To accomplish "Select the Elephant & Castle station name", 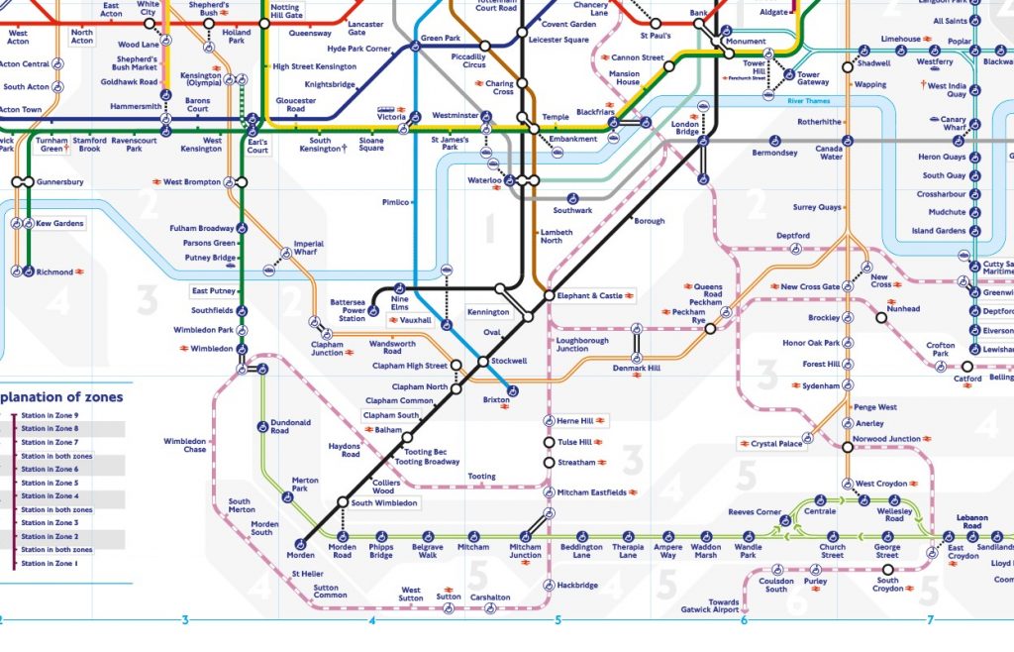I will pyautogui.click(x=590, y=295).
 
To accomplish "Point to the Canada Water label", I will pyautogui.click(x=829, y=152).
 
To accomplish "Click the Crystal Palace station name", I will pyautogui.click(x=777, y=444).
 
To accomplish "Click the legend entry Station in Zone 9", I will pyautogui.click(x=49, y=414).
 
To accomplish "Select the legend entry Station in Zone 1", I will pyautogui.click(x=49, y=563).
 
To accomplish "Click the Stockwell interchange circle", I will pyautogui.click(x=483, y=362).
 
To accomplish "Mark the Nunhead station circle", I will pyautogui.click(x=880, y=318).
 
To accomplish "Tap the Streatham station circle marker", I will pyautogui.click(x=549, y=462).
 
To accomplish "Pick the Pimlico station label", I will pyautogui.click(x=395, y=202).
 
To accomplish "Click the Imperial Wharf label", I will pyautogui.click(x=308, y=248).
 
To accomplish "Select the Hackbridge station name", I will pyautogui.click(x=578, y=586).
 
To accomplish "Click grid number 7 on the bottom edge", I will pyautogui.click(x=930, y=621).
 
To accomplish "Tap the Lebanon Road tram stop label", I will pyautogui.click(x=971, y=522).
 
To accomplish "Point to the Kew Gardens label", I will pyautogui.click(x=60, y=224).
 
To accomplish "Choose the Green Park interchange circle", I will pyautogui.click(x=416, y=46).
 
